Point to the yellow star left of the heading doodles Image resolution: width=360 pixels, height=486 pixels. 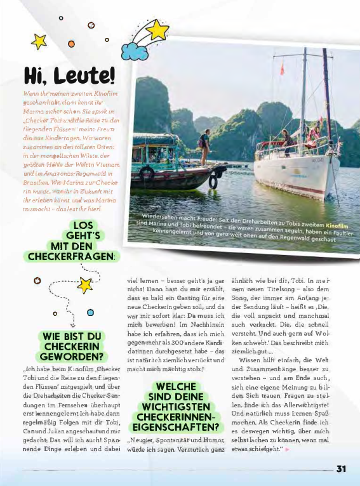39,41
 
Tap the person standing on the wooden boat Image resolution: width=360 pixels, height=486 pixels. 205,147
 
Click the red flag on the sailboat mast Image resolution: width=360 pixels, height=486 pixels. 282,69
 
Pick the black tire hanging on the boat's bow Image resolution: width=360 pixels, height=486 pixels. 147,173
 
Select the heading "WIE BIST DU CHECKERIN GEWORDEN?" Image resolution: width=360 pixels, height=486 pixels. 71,346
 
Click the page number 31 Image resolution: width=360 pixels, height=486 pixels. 341,469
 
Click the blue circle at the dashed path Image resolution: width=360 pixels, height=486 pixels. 90,312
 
